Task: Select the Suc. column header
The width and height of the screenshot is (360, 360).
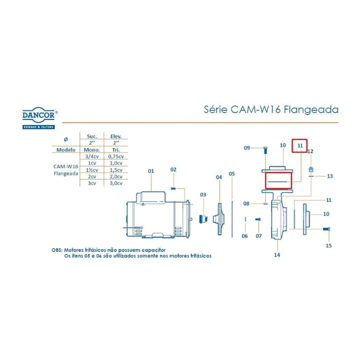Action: tap(92, 136)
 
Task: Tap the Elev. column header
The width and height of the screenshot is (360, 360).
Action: tap(115, 136)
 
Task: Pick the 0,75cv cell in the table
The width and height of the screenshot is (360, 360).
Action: tap(115, 155)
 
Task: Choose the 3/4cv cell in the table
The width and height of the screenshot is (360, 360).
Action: tap(93, 155)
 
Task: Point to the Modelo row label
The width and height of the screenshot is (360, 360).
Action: tap(66, 149)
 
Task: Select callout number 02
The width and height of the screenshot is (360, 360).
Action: tap(173, 169)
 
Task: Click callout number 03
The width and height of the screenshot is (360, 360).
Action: tap(203, 194)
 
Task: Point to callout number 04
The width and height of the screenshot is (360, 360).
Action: tap(219, 177)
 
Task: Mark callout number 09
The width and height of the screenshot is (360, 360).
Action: tap(247, 148)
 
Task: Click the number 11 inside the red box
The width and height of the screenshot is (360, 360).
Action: tap(299, 146)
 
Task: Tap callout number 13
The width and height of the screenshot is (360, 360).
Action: tap(330, 176)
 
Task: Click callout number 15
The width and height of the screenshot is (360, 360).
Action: tap(329, 246)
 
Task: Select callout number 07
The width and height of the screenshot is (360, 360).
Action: tap(259, 236)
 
